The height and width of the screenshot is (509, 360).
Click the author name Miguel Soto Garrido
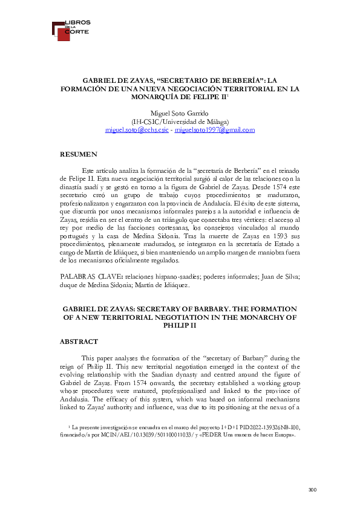(x=180, y=113)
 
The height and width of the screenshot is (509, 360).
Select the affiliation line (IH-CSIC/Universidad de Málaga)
(x=180, y=122)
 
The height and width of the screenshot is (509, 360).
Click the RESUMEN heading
(x=79, y=155)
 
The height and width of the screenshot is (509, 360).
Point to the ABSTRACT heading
(x=79, y=342)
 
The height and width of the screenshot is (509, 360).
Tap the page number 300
(x=312, y=489)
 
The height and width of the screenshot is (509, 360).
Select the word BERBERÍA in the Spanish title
(x=241, y=79)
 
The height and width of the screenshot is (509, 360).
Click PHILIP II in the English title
(x=180, y=325)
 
